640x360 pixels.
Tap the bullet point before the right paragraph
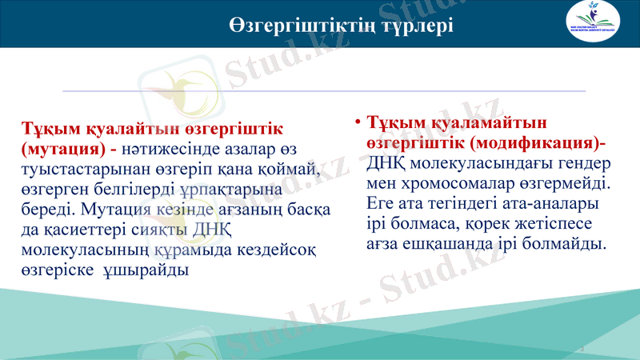pyautogui.click(x=358, y=122)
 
